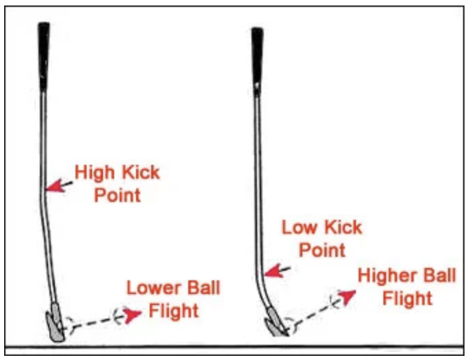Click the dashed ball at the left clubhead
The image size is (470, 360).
coord(66,323)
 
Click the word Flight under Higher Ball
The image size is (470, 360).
coord(407,299)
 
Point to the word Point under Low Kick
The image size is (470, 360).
coord(322,249)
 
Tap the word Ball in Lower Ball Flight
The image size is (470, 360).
coord(204,288)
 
